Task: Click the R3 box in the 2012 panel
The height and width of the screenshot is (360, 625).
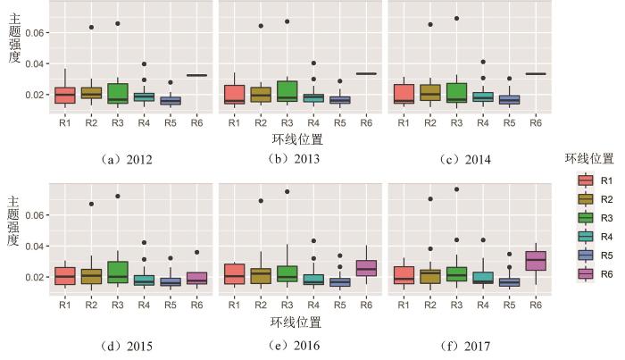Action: click(117, 93)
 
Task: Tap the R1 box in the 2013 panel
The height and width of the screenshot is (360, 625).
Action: click(234, 95)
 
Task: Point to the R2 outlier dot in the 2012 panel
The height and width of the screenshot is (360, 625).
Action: click(91, 27)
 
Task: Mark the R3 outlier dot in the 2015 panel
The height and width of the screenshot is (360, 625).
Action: click(117, 196)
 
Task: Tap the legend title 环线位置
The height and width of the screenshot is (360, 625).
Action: click(588, 159)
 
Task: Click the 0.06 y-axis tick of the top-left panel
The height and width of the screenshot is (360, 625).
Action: click(33, 32)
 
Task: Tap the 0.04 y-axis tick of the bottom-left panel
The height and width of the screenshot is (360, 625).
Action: click(33, 247)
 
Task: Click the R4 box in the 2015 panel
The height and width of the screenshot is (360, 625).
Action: click(144, 280)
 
